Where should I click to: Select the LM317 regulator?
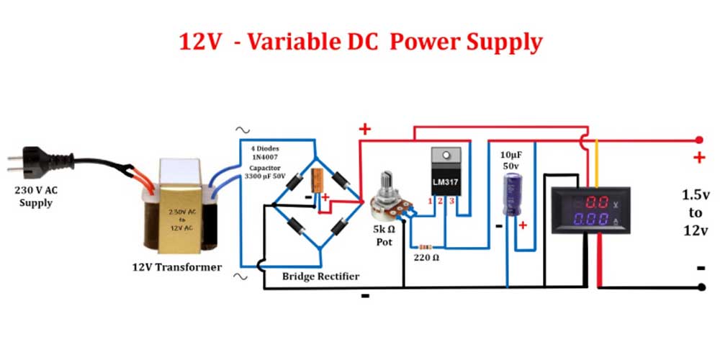click(x=445, y=172)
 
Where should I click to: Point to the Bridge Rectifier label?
click(x=320, y=276)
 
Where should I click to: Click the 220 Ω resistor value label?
click(x=426, y=256)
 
